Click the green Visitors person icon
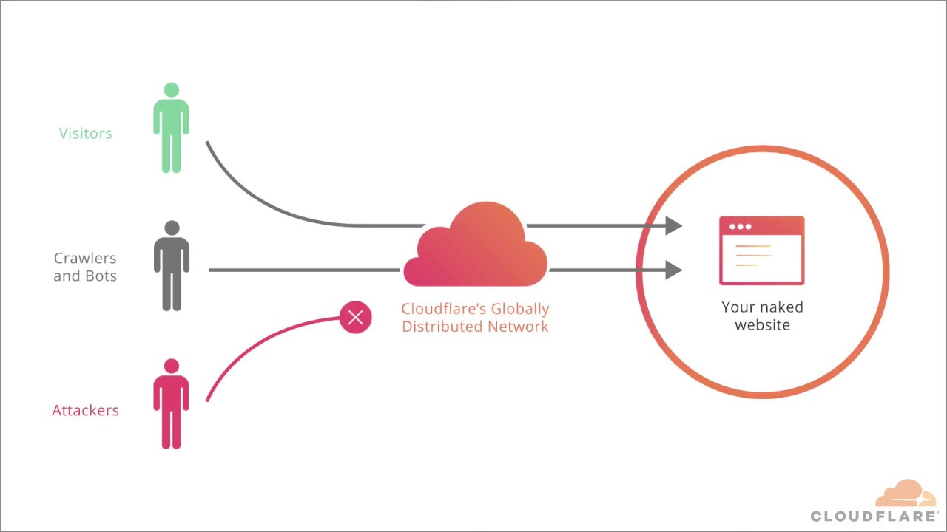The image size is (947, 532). click(171, 129)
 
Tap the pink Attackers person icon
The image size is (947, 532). click(171, 406)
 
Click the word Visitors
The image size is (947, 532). click(85, 134)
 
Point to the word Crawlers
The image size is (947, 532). click(85, 259)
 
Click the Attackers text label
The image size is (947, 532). click(85, 411)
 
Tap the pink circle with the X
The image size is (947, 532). click(356, 318)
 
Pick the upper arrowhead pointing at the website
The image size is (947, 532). click(673, 225)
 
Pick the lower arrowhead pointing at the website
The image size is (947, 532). click(673, 270)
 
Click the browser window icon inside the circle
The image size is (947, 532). click(761, 251)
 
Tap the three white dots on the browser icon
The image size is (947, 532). click(740, 226)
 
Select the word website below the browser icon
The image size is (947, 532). click(763, 325)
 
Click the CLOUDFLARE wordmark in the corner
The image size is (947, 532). click(874, 516)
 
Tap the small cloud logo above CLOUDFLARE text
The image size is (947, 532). click(906, 494)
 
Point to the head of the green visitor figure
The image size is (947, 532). click(172, 90)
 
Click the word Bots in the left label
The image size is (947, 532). click(101, 276)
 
